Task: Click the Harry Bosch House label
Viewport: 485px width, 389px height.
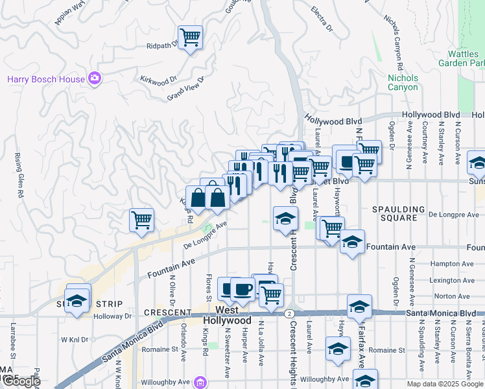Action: pyautogui.click(x=46, y=80)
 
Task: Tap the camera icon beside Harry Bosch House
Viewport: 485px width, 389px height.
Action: pyautogui.click(x=95, y=79)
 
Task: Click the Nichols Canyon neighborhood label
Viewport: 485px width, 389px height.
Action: pyautogui.click(x=403, y=82)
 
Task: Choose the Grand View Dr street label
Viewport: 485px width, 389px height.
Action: pyautogui.click(x=185, y=89)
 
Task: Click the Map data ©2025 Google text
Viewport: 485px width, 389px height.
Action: pyautogui.click(x=444, y=384)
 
